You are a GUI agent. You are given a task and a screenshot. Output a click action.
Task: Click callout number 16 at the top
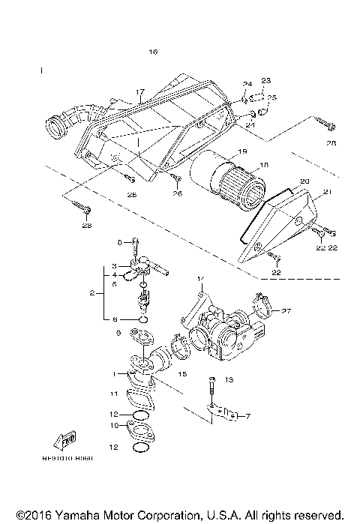tap(153, 52)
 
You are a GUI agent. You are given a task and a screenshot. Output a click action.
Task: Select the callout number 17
tap(139, 93)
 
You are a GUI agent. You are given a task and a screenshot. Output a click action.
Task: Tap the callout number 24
tap(247, 83)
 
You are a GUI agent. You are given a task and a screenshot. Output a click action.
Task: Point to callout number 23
tap(265, 80)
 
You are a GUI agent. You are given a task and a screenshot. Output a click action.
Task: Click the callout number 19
tap(241, 151)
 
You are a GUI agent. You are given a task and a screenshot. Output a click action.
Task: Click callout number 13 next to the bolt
tap(229, 380)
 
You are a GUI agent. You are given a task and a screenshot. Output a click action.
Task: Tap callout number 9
tap(118, 332)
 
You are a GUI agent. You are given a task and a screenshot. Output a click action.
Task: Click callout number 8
tap(118, 242)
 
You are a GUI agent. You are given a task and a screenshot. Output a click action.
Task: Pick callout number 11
tap(112, 393)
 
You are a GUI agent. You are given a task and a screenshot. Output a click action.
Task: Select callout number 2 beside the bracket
tap(91, 294)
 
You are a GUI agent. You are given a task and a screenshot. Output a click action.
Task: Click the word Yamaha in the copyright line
tap(64, 517)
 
